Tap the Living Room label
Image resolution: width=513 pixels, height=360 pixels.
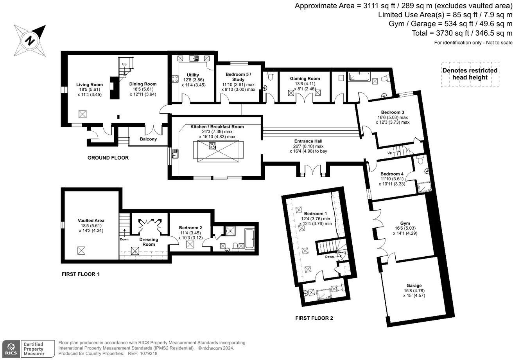tap(89, 85)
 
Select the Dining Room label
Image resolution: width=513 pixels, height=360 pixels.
tap(143, 84)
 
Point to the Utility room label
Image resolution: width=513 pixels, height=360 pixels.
tap(193, 75)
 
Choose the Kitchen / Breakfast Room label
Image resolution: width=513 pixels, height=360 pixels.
tap(217, 127)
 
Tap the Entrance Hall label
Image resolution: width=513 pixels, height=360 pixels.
tap(309, 141)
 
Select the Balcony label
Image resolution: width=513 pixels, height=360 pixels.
tap(148, 139)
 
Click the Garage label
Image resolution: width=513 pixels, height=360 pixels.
tap(414, 285)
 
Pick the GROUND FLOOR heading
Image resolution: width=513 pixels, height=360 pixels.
tap(108, 158)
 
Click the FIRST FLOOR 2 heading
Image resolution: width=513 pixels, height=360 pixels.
tap(314, 318)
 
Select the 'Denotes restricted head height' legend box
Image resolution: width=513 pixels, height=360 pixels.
tap(470, 74)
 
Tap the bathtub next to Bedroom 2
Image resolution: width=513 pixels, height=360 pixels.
tap(249, 239)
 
